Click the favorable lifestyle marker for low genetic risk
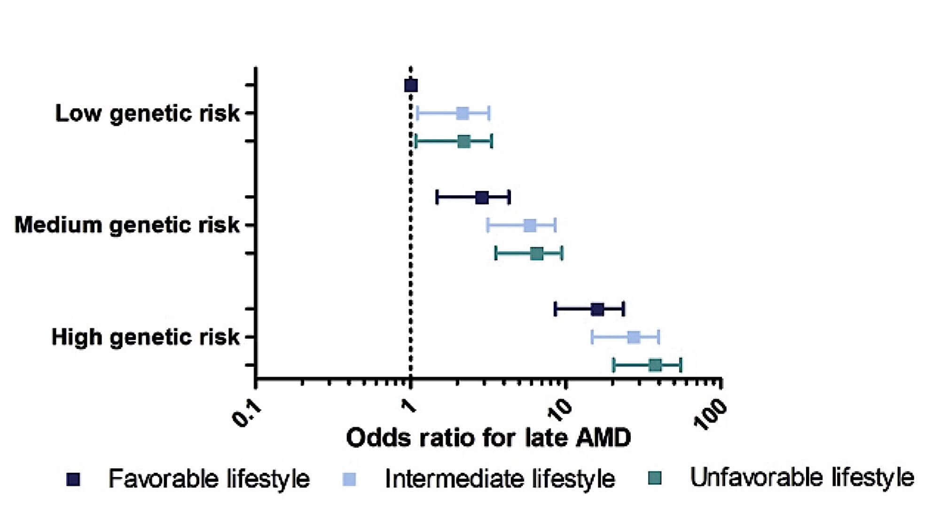411,85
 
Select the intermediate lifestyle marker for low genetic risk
462,113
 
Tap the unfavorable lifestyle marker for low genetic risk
464,141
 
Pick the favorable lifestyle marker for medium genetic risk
482,198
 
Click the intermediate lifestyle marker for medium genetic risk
530,225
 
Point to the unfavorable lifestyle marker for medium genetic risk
537,254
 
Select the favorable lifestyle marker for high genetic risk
597,309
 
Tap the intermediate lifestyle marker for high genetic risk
634,337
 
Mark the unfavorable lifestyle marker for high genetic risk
655,365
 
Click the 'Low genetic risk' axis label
148,114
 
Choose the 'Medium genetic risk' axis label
127,225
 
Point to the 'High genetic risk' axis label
145,337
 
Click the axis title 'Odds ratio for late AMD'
488,438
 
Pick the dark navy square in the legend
74,479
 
